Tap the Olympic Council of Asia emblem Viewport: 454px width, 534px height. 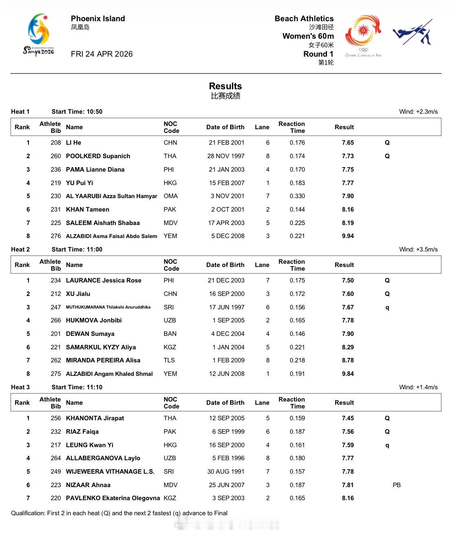(363, 36)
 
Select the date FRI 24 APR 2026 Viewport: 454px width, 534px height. (101, 54)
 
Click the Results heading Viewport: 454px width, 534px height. (225, 86)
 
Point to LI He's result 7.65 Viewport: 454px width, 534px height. (348, 143)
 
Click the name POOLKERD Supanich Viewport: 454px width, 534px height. (98, 156)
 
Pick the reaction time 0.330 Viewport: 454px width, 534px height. (297, 196)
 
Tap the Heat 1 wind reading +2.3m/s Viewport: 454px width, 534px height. (419, 112)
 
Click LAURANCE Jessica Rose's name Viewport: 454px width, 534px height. (103, 280)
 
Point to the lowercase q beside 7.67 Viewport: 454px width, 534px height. (387, 307)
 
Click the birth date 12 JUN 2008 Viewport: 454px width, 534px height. (227, 374)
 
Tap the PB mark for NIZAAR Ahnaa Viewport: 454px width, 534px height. (397, 485)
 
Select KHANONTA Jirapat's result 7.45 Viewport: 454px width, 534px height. (348, 418)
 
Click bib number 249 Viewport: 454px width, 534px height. (56, 472)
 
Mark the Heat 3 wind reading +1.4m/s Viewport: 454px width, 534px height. (419, 387)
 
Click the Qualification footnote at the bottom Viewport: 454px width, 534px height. (119, 513)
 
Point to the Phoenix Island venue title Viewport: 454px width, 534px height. (98, 19)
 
